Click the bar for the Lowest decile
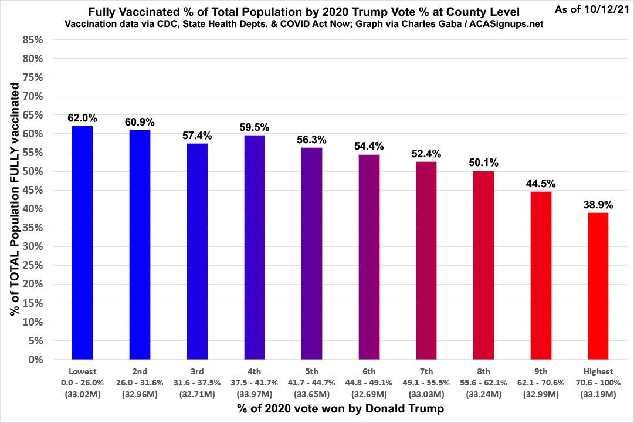(x=82, y=242)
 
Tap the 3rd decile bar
(x=197, y=251)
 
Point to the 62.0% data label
(x=82, y=117)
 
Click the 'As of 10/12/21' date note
(x=591, y=11)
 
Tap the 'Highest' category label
(x=598, y=371)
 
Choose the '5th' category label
(x=311, y=371)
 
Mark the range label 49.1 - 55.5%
(x=426, y=382)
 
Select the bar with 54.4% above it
(x=369, y=256)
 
